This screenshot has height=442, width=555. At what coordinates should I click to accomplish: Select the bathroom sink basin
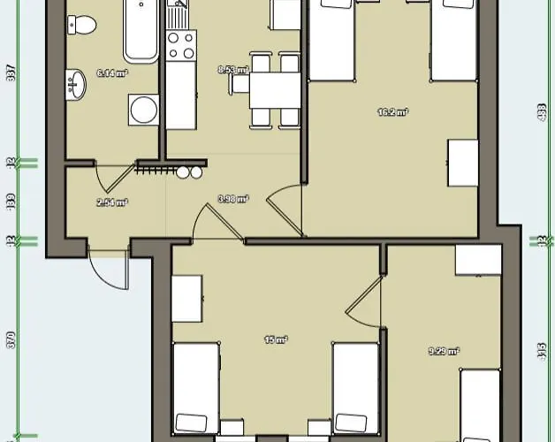[74, 87]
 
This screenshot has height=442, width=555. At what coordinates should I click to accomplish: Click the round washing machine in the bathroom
[142, 110]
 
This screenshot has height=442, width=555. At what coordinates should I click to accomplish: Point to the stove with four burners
[181, 45]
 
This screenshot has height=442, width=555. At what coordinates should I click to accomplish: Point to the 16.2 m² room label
[393, 112]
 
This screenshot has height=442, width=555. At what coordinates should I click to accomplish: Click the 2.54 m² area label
[112, 202]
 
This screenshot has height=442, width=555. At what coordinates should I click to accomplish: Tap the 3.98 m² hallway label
[233, 200]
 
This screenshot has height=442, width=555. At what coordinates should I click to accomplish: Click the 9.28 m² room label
[443, 351]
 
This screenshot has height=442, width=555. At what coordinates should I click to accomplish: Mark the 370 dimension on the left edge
[11, 340]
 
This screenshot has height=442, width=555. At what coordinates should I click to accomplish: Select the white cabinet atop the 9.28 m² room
[478, 260]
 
